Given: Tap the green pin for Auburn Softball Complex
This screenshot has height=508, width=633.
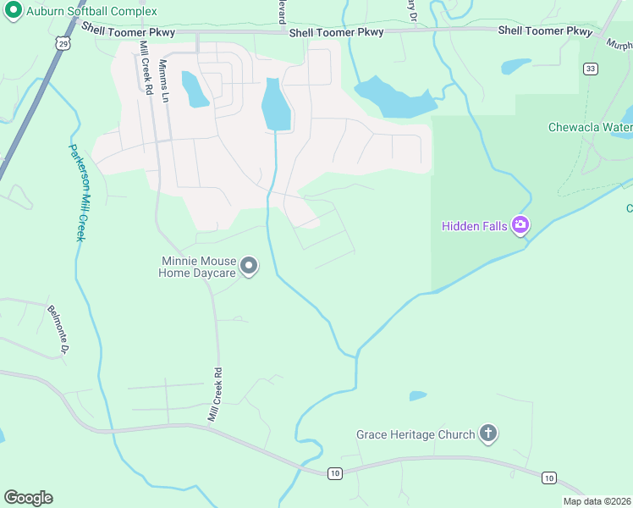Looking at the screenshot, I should [x=13, y=10].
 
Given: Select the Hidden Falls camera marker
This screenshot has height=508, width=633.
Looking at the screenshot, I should [x=520, y=225].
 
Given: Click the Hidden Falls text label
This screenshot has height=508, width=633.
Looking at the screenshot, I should [x=474, y=226].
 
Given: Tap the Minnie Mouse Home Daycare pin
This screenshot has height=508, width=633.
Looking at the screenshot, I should [x=249, y=267].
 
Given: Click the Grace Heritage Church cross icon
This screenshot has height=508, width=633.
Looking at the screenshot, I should [x=487, y=434].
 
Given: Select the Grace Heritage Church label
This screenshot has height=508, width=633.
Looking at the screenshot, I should [x=416, y=435].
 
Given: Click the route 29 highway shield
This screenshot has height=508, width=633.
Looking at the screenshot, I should [x=62, y=42].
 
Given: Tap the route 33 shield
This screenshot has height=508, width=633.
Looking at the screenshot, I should [x=590, y=69].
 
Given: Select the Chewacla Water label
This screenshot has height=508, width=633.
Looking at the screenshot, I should [x=591, y=128].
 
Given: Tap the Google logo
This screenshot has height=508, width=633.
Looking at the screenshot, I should [x=28, y=498].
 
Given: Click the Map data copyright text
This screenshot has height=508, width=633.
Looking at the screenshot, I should [x=597, y=501].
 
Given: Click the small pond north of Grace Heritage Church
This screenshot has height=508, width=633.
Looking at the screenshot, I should [x=417, y=395].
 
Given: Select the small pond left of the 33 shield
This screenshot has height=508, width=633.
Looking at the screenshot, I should [x=516, y=66].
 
